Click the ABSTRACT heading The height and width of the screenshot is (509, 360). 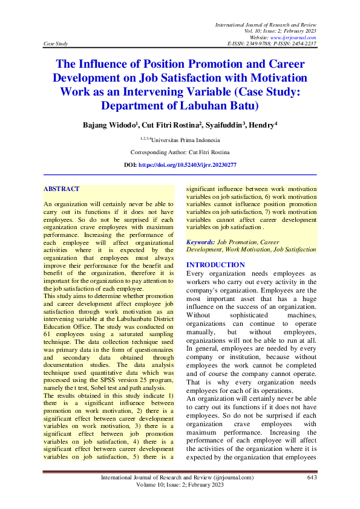[61, 189]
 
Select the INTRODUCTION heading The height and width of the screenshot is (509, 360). [215, 265]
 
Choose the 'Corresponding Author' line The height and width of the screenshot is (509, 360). [180, 152]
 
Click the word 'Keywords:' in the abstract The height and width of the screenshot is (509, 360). [201, 242]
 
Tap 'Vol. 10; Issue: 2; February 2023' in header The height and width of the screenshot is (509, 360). [280, 30]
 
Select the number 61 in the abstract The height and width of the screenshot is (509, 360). [47, 334]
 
